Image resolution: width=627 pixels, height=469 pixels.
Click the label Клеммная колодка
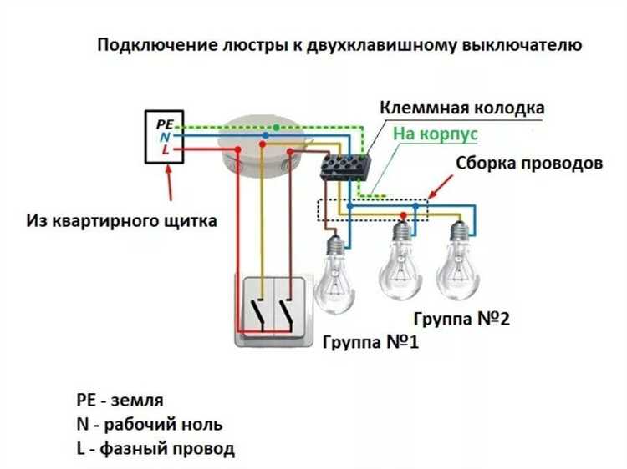pyautogui.click(x=462, y=109)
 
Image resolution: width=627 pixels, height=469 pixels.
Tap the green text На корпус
pyautogui.click(x=434, y=133)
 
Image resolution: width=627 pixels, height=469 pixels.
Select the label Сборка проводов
pyautogui.click(x=528, y=163)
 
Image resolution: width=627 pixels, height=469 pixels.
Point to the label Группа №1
pyautogui.click(x=367, y=343)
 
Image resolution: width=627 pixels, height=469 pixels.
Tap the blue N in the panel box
pyautogui.click(x=165, y=137)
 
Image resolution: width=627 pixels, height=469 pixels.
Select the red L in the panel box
pyautogui.click(x=166, y=150)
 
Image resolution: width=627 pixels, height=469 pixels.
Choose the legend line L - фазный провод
pyautogui.click(x=155, y=449)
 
